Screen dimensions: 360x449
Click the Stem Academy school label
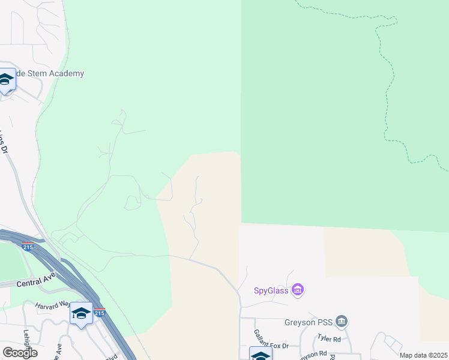50,73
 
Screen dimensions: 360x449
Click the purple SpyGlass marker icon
297,290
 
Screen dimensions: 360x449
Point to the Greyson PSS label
308,322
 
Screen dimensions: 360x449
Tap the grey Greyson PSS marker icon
342,322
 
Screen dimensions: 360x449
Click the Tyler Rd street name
328,339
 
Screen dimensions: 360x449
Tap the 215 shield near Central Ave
28,247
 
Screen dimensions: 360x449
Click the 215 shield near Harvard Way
100,313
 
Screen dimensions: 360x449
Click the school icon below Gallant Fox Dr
261,355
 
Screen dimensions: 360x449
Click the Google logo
20,352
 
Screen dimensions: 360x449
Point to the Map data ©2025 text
423,355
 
